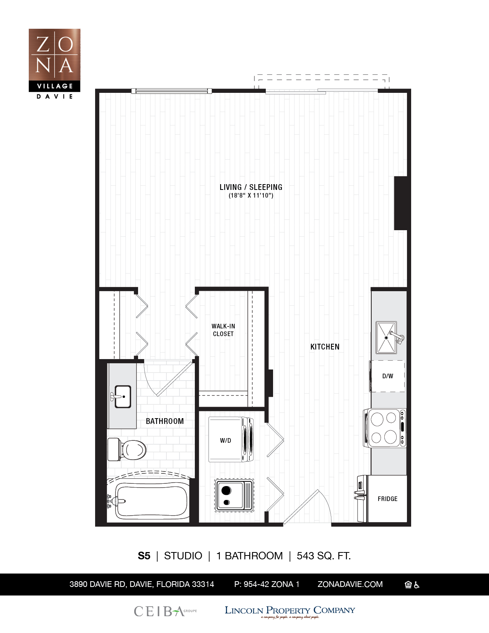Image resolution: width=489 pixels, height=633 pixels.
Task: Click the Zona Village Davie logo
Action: click(x=54, y=64)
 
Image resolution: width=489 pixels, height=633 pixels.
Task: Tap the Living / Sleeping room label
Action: click(x=251, y=187)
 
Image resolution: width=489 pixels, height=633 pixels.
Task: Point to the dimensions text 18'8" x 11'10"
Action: click(x=251, y=196)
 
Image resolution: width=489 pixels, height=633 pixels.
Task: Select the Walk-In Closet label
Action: click(x=223, y=330)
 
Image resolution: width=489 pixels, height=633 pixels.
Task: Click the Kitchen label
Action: click(x=325, y=347)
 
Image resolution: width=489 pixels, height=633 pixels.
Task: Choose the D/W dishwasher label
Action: click(x=388, y=376)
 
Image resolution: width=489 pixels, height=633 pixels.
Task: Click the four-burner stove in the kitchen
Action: click(x=385, y=428)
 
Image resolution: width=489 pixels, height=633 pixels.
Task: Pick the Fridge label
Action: click(x=387, y=499)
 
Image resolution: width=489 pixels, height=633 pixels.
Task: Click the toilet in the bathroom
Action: click(x=127, y=450)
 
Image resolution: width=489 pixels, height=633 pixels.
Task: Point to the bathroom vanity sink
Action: click(x=122, y=396)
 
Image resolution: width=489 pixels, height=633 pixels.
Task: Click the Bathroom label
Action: click(x=165, y=421)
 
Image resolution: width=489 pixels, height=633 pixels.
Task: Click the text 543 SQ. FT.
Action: click(x=324, y=556)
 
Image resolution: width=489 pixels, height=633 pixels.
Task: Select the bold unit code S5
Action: click(x=144, y=556)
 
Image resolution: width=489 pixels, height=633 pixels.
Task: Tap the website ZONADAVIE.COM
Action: click(x=350, y=584)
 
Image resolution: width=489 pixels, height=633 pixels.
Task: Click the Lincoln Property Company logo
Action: click(x=290, y=611)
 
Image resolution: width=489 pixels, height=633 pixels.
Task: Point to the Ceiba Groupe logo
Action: click(x=165, y=611)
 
